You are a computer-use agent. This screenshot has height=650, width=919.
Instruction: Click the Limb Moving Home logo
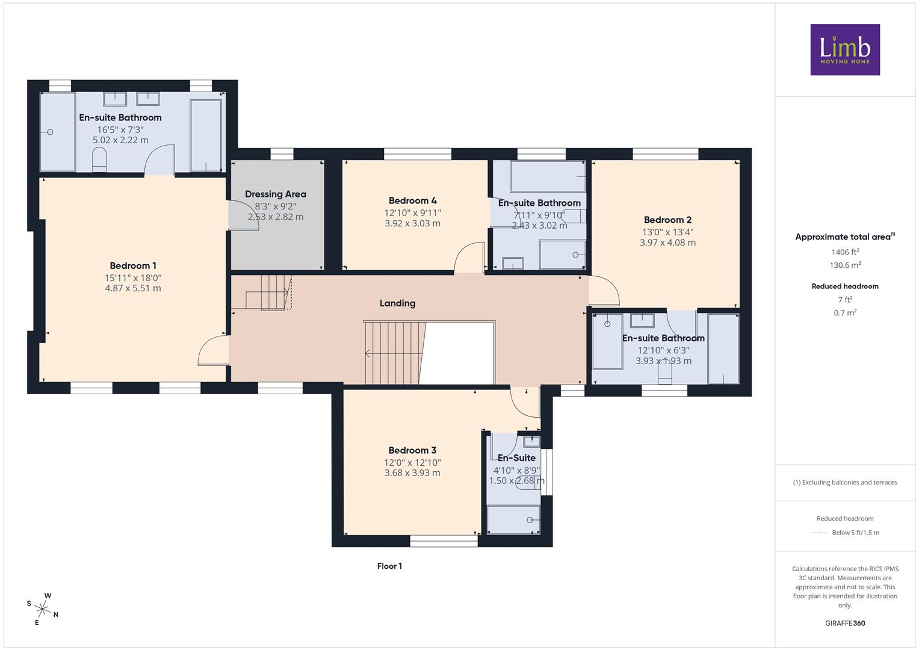tap(845, 49)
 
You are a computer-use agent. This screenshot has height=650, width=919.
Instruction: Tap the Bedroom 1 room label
tap(133, 266)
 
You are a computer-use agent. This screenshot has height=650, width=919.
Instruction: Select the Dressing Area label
tap(276, 194)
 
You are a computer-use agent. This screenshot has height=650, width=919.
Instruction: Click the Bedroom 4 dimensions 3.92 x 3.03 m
tap(412, 224)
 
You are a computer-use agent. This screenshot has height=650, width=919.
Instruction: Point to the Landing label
tap(398, 303)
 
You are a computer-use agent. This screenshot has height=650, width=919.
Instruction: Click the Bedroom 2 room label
tap(668, 220)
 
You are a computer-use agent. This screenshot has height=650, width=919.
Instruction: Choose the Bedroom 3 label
tap(412, 450)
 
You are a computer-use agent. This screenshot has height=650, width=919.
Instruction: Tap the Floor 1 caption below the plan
tap(389, 566)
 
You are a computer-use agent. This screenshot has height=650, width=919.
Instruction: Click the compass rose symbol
tap(42, 609)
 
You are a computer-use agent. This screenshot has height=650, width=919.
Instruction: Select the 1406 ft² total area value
tap(845, 252)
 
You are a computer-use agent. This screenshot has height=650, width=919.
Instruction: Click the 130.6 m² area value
tap(845, 265)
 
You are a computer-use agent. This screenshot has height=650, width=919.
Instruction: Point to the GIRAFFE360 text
tap(845, 624)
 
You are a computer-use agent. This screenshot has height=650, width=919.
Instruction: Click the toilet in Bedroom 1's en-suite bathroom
tap(99, 160)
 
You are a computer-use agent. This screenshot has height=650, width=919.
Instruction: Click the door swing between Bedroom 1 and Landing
tap(213, 350)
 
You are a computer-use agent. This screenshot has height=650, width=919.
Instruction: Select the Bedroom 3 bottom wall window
tap(444, 541)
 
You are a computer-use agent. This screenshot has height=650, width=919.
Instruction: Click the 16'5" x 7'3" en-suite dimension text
tap(120, 130)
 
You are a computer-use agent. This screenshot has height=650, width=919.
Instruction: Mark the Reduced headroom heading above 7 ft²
tap(845, 286)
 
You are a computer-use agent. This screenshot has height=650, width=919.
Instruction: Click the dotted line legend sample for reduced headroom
tap(819, 533)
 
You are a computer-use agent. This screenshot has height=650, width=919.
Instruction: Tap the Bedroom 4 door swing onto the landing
tap(469, 258)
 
